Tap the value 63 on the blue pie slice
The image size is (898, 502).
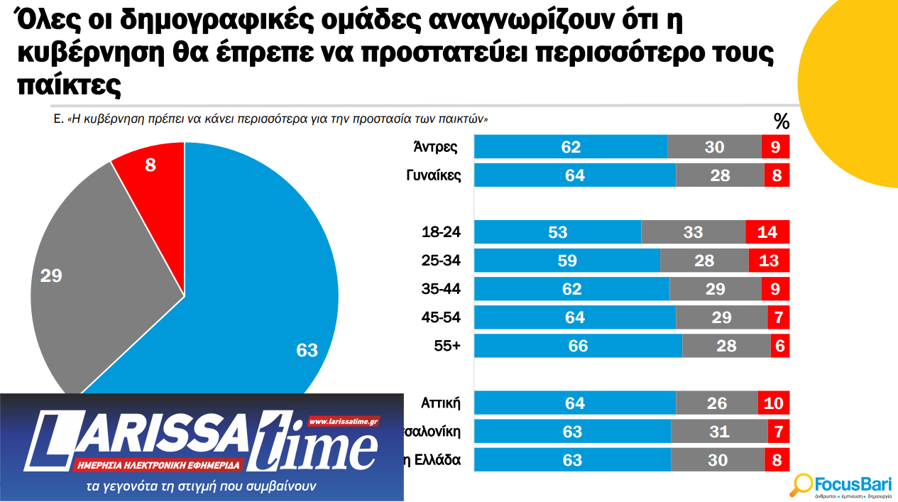(x=307, y=350)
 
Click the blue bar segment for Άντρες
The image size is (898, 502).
(x=571, y=146)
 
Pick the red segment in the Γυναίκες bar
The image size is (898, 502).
(x=777, y=175)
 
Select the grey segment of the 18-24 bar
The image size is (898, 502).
(x=693, y=232)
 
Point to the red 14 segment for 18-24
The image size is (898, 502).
(x=767, y=232)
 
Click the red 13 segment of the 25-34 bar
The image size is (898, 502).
(x=769, y=261)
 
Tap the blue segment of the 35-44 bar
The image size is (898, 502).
(x=571, y=289)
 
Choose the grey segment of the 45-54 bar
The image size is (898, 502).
(x=721, y=317)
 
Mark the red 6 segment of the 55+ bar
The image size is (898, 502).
(x=780, y=346)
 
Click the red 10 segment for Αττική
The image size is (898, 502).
(x=774, y=403)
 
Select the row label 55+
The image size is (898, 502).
(x=447, y=347)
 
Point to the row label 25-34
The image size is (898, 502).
(x=441, y=261)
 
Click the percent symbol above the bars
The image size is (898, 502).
(x=781, y=122)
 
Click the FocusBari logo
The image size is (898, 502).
(x=841, y=485)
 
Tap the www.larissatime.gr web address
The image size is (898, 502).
(x=344, y=420)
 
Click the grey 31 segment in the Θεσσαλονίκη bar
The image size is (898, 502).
(x=718, y=432)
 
